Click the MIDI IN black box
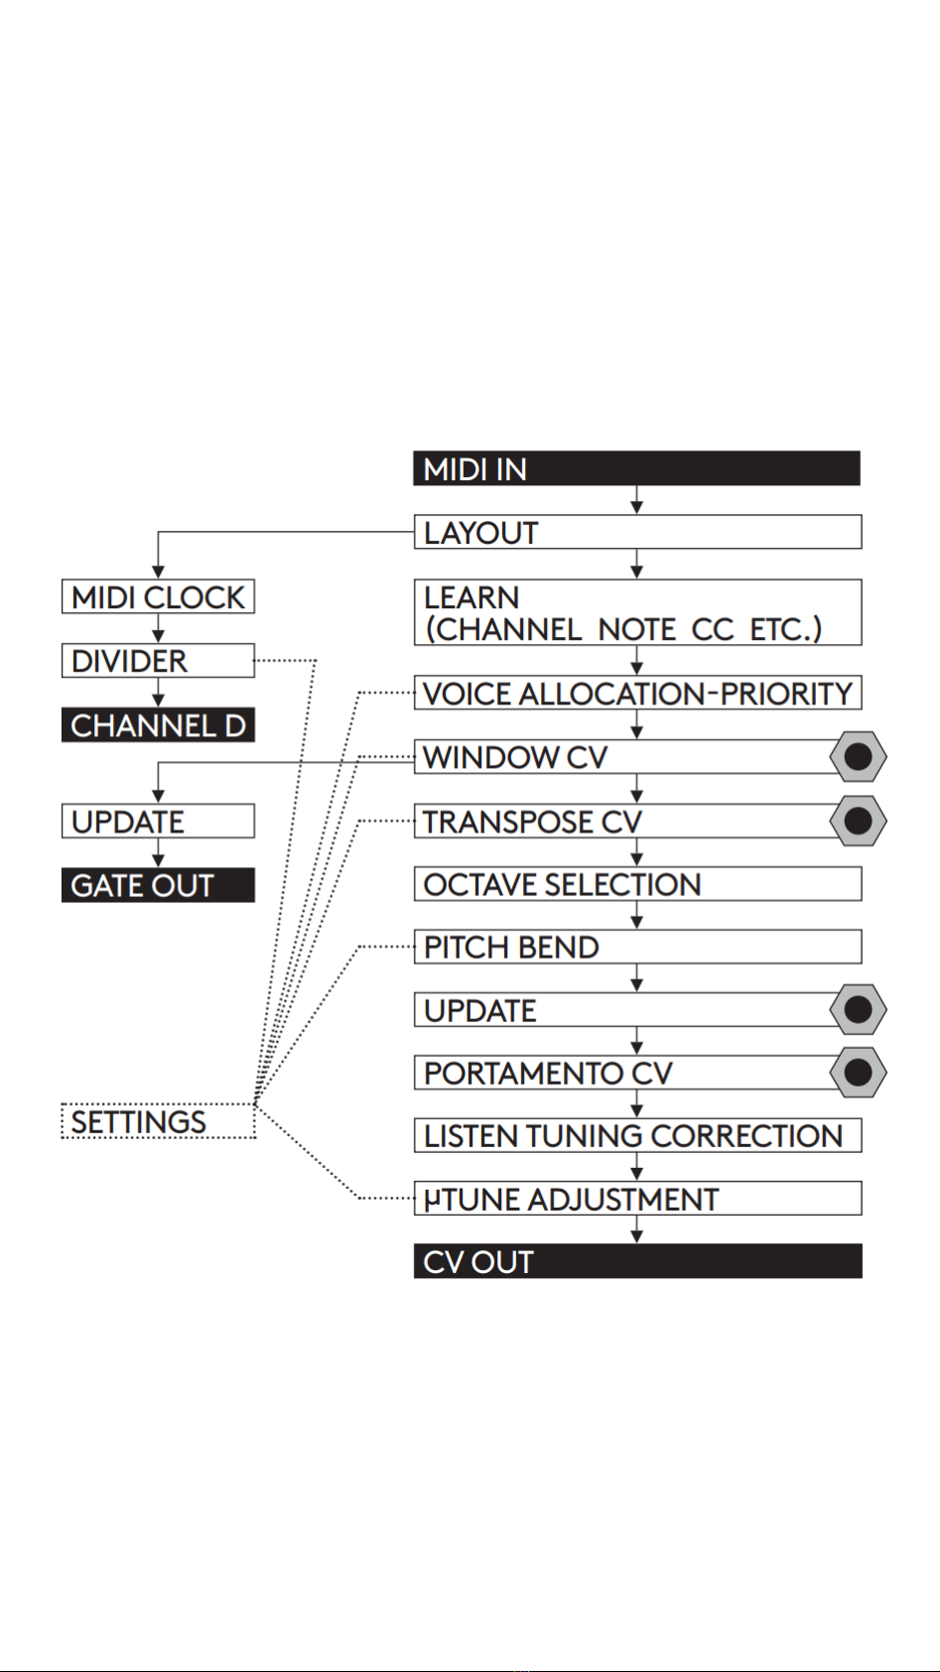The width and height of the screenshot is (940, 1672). [x=637, y=468]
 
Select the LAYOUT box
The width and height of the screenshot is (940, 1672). [x=637, y=532]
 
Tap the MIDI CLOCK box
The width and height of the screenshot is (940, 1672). [x=158, y=596]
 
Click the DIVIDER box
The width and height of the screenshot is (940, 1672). [x=158, y=661]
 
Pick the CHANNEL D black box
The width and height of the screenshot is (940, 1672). [x=158, y=724]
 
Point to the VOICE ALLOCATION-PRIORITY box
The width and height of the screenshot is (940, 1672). [x=637, y=693]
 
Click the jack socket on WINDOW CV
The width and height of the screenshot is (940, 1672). [x=858, y=757]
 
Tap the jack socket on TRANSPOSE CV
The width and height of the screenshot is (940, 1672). [x=858, y=821]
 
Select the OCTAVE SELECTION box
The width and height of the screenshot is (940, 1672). [x=637, y=884]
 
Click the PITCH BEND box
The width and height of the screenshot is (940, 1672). [x=637, y=947]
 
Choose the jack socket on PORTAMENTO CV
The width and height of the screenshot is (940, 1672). [x=858, y=1073]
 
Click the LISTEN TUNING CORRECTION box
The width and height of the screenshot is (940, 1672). [x=637, y=1135]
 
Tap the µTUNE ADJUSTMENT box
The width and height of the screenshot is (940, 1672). [x=637, y=1198]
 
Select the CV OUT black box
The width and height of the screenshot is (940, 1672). [x=637, y=1261]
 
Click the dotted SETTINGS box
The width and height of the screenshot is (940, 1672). [x=158, y=1121]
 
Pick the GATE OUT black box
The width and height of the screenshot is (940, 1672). [x=158, y=884]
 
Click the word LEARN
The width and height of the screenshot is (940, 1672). [x=471, y=597]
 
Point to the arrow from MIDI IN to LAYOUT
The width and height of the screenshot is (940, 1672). [x=637, y=499]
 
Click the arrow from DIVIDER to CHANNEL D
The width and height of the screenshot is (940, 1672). [x=158, y=692]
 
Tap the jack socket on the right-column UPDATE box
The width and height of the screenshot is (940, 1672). [x=858, y=1010]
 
